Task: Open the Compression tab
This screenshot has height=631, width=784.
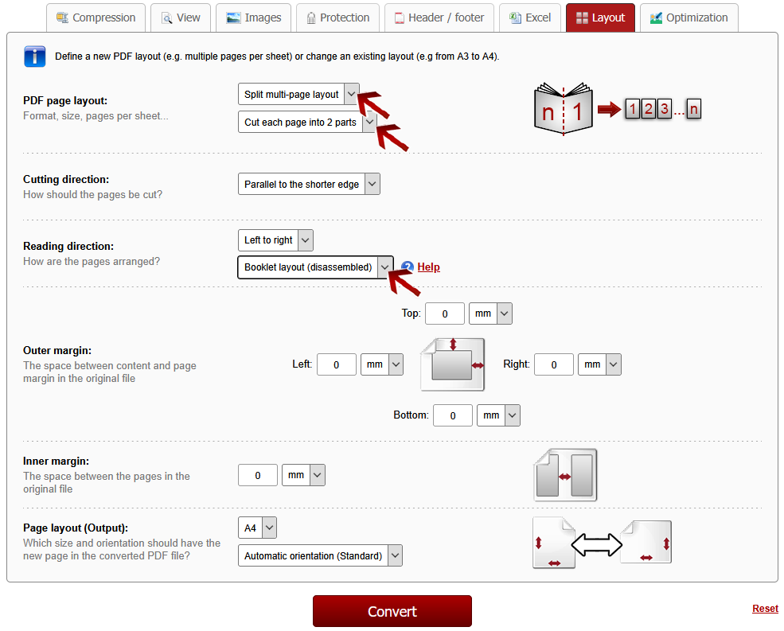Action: pos(96,18)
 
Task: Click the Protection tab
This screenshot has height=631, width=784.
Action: pos(337,18)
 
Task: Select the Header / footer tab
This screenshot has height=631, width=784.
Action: pos(439,18)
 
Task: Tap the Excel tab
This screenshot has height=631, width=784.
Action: pos(530,18)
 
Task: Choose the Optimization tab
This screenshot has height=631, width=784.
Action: pos(689,18)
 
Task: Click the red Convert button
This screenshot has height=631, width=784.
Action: pos(392,611)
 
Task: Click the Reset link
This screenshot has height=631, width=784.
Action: pos(765,609)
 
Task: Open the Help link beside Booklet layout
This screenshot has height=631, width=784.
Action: pos(428,267)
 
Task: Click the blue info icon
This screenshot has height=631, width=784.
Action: pos(34,56)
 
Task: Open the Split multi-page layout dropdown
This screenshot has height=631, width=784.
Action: pos(298,94)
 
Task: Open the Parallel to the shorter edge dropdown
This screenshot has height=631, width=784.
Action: pos(309,184)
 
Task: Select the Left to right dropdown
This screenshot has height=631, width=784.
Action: pos(275,240)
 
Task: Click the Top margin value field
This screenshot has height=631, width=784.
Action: pos(444,314)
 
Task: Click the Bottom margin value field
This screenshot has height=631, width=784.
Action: pos(453,415)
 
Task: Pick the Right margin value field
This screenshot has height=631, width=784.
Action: pos(553,364)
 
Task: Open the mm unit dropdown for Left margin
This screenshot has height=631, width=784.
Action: pos(381,364)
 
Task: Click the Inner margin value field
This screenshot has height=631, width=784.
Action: pos(258,475)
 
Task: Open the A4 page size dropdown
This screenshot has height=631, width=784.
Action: pos(257,528)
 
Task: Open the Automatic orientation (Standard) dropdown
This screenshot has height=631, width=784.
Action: pos(320,555)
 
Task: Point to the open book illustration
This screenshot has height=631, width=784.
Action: pos(564,109)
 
